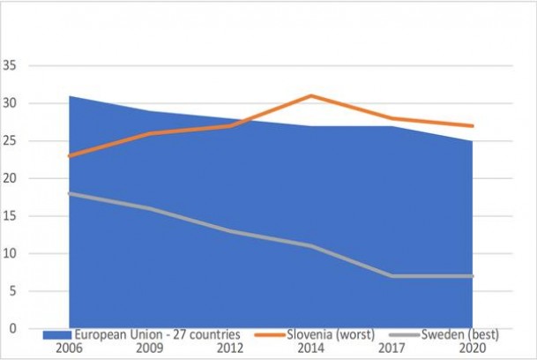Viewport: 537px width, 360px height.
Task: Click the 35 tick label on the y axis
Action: tap(10, 65)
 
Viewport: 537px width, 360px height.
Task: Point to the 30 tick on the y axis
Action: tap(10, 103)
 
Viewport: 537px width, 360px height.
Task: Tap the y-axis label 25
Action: tap(10, 140)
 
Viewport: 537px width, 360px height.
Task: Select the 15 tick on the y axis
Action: tap(10, 216)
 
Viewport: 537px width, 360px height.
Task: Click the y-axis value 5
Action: tap(12, 291)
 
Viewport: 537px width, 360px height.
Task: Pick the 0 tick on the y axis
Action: tap(12, 328)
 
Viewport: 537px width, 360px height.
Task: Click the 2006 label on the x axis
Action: tap(69, 348)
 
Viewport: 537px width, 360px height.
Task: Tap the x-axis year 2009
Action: tap(150, 348)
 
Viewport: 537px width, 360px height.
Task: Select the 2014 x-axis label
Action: tap(311, 348)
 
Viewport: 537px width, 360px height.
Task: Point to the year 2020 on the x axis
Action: tap(473, 348)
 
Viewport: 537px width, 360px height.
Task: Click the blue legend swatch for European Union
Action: tap(57, 334)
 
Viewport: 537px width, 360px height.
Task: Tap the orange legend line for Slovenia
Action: tap(270, 334)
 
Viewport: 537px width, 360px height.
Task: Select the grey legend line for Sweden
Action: tap(405, 334)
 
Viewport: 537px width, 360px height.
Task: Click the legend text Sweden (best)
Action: tap(460, 334)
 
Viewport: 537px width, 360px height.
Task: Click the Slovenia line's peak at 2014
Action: tap(311, 95)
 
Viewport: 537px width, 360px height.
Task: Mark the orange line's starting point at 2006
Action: tap(70, 156)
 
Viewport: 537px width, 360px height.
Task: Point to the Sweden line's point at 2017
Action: tap(392, 276)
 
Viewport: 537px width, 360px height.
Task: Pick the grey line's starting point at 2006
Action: tap(70, 194)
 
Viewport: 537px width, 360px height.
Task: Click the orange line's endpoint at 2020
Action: tap(473, 126)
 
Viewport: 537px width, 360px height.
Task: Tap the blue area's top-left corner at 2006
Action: tap(70, 96)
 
